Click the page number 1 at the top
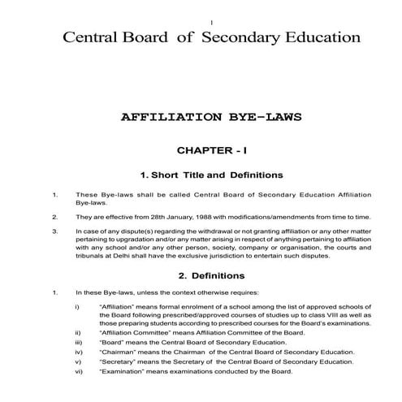[210, 19]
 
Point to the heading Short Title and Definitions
[211, 175]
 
